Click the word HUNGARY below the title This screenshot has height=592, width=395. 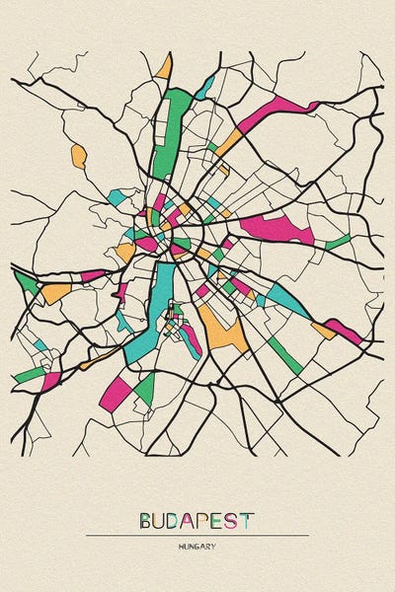tap(197, 546)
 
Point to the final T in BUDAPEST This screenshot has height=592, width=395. tap(247, 520)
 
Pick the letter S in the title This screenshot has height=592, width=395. tap(234, 520)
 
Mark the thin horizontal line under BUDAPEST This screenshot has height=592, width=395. tap(197, 536)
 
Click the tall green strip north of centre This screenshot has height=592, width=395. tap(171, 128)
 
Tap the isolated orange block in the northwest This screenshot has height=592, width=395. tap(78, 155)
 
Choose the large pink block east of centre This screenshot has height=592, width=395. tap(276, 230)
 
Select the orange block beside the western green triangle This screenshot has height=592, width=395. tap(55, 292)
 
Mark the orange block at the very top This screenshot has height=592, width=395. tap(164, 67)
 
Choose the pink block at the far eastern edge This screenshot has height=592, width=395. tap(343, 331)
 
